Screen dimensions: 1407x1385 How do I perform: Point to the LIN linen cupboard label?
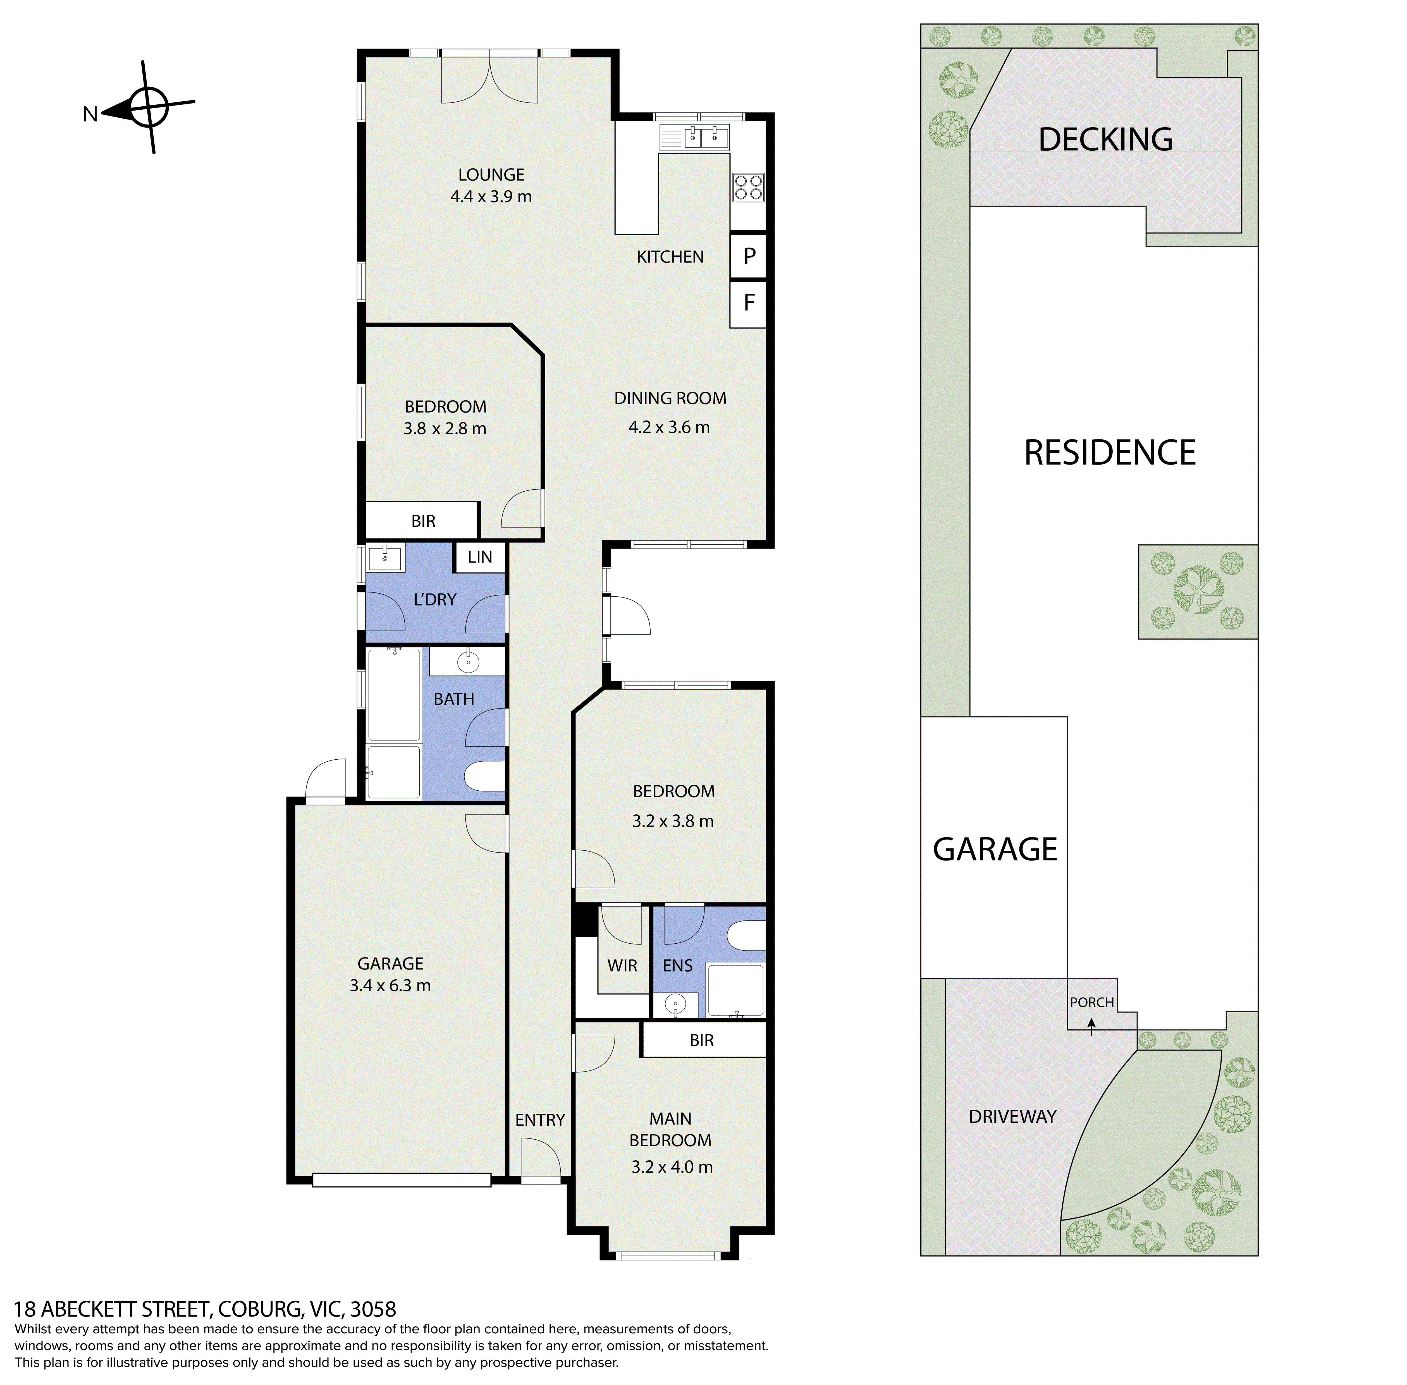click(x=479, y=557)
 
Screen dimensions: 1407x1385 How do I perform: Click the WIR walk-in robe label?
click(x=622, y=965)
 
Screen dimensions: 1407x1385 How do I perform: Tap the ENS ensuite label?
click(x=677, y=965)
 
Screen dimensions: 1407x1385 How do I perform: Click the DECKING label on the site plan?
click(x=1105, y=139)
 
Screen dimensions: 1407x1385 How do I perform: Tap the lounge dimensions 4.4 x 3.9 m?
click(x=491, y=197)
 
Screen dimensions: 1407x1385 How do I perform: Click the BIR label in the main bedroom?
click(x=701, y=1040)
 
